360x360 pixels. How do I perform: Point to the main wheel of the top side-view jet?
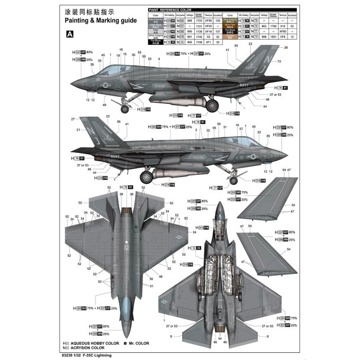pyautogui.click(x=211, y=105)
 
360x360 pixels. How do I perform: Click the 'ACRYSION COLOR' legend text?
pyautogui.click(x=97, y=348)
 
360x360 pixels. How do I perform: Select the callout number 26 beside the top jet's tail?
pyautogui.click(x=286, y=47)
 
